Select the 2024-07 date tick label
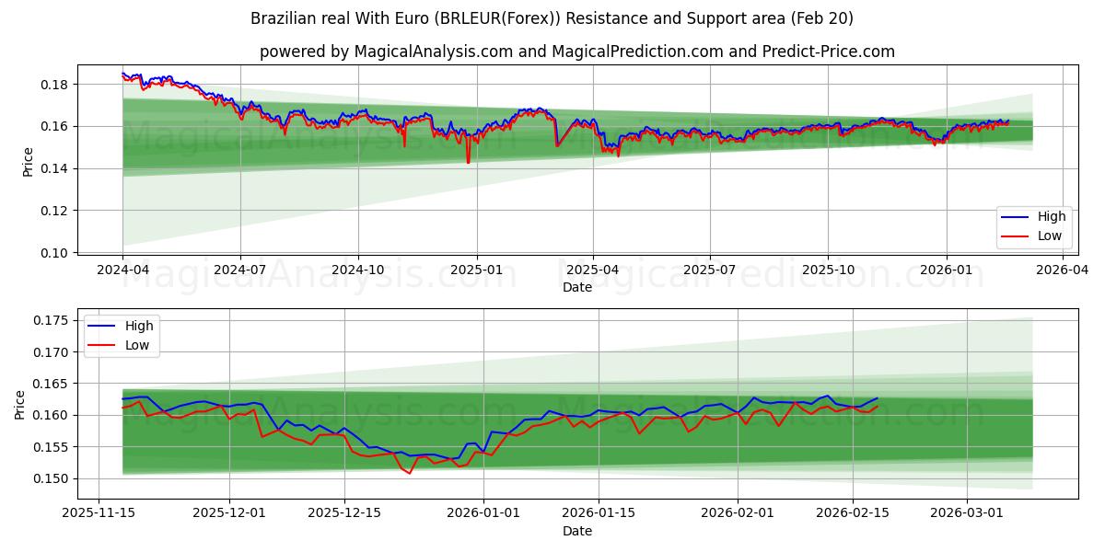click(240, 270)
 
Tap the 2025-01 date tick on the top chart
click(476, 270)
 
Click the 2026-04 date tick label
click(1064, 270)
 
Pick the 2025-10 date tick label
click(828, 270)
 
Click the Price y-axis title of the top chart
click(28, 161)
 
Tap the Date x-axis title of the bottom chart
click(577, 531)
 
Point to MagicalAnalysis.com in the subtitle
click(433, 52)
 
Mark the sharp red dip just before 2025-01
click(468, 162)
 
